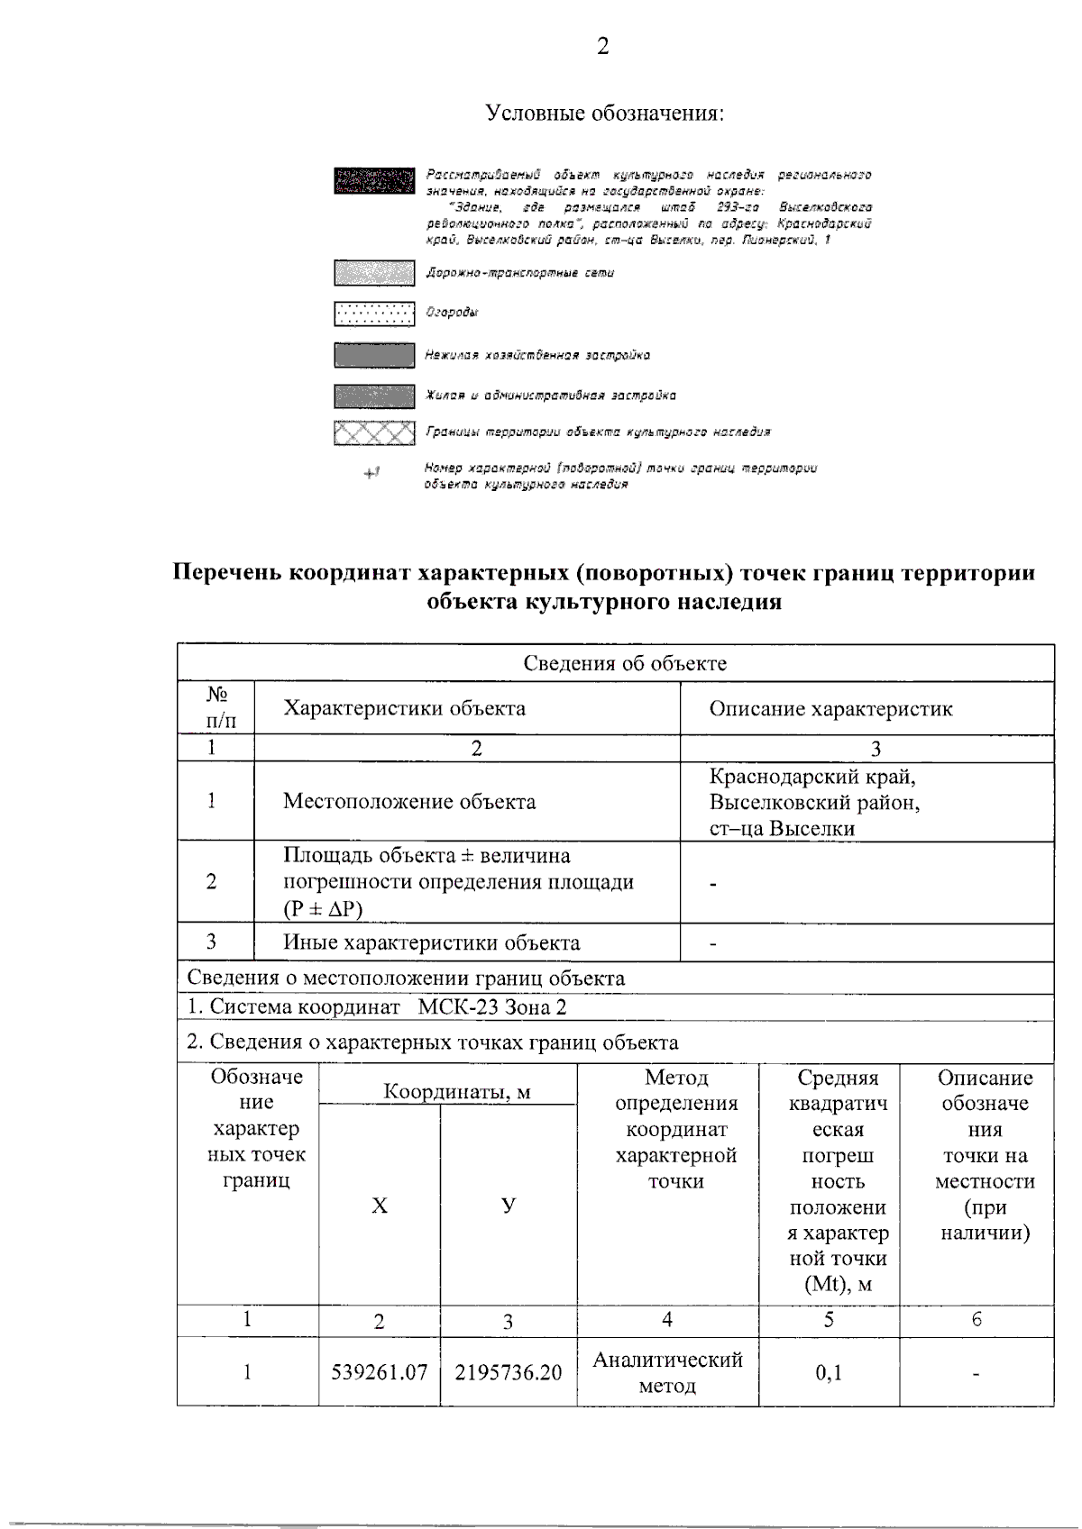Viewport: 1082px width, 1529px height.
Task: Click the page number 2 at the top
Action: pos(602,46)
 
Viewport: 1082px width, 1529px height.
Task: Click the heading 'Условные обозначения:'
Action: pos(604,114)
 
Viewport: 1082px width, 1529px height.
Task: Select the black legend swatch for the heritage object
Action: pos(374,181)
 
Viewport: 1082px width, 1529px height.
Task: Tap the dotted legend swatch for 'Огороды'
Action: pos(374,313)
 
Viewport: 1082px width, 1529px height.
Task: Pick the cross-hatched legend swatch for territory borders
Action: pos(374,433)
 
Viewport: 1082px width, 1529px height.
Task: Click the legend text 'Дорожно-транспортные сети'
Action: pos(519,273)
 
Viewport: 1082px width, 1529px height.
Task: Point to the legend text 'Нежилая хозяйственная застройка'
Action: pos(537,355)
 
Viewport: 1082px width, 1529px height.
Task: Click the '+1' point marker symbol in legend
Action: pos(371,473)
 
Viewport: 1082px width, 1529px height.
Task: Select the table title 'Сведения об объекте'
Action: pos(624,664)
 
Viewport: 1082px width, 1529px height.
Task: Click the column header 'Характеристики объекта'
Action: pos(404,708)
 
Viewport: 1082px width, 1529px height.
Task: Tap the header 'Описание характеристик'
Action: pos(830,709)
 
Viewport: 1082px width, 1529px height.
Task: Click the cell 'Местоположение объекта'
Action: pos(409,802)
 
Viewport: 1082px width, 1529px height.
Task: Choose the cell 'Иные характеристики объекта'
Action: pos(431,943)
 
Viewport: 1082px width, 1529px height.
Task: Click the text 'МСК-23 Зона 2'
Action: pos(492,1007)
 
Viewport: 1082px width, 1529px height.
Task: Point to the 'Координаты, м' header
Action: pos(456,1092)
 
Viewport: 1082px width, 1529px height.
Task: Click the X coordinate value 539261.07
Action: pos(379,1372)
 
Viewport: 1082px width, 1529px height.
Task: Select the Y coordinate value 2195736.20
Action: pos(508,1372)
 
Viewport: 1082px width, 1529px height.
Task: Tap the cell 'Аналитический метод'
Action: pos(667,1372)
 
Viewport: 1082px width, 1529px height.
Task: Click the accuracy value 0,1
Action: pos(828,1373)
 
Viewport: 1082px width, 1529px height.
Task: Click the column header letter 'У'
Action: pos(509,1206)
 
